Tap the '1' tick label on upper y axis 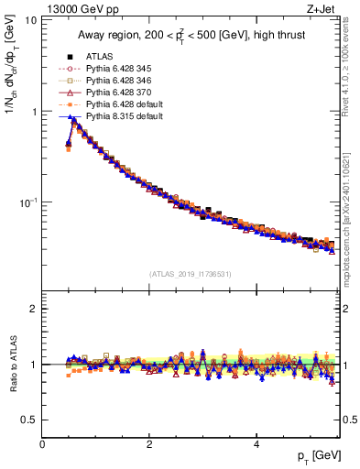pyautogui.click(x=34, y=112)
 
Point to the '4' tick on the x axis pyautogui.click(x=256, y=444)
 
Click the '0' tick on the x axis pyautogui.click(x=42, y=444)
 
